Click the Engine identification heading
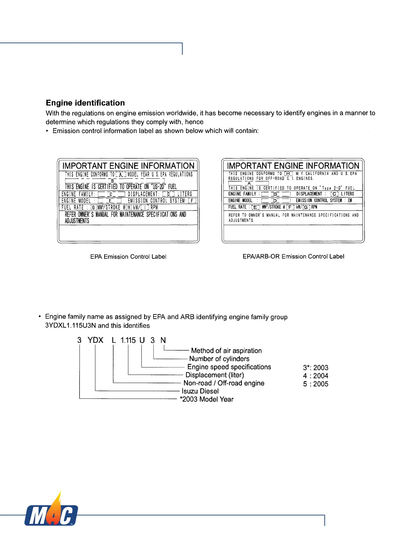(85, 103)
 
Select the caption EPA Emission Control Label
(128, 257)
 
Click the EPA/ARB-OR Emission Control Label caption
(293, 256)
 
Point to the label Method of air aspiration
(226, 351)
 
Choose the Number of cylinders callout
(219, 359)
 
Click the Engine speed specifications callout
(229, 367)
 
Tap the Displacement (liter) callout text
(214, 375)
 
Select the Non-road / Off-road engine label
(224, 383)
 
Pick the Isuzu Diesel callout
(200, 391)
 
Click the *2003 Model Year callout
(206, 399)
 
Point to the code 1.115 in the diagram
(128, 340)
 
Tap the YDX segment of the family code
(95, 340)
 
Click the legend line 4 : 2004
(316, 376)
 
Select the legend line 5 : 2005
(316, 384)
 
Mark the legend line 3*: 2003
(316, 368)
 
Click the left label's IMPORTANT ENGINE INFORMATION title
(128, 166)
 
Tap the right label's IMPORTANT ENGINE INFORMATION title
(293, 166)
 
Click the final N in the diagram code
(163, 340)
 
